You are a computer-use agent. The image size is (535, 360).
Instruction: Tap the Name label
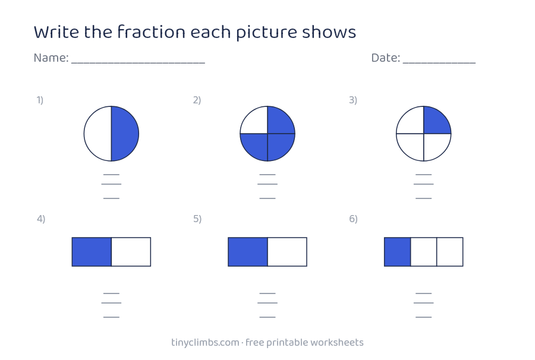[x=51, y=58]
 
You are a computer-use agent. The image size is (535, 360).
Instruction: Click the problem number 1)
[x=40, y=100]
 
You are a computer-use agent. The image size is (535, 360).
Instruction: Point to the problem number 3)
[x=353, y=100]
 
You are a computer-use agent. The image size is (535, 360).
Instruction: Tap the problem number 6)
[x=353, y=219]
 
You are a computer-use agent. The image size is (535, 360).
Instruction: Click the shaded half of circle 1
[x=125, y=134]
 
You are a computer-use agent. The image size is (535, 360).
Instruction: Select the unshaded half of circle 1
[x=98, y=134]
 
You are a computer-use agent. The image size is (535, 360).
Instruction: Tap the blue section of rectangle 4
[x=92, y=252]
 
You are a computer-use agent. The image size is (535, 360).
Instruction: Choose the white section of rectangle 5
[x=287, y=252]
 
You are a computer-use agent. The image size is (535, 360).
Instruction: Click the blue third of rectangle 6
[x=398, y=252]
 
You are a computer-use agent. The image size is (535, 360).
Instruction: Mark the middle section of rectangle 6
[x=423, y=252]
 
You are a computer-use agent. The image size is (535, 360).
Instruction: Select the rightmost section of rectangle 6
[x=450, y=252]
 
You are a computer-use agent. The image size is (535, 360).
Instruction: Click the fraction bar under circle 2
[x=267, y=184]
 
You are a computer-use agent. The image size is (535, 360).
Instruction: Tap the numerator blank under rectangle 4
[x=111, y=293]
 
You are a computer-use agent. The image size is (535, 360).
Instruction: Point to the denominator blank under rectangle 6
[x=423, y=317]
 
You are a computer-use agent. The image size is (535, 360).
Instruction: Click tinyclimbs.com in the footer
[x=205, y=343]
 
